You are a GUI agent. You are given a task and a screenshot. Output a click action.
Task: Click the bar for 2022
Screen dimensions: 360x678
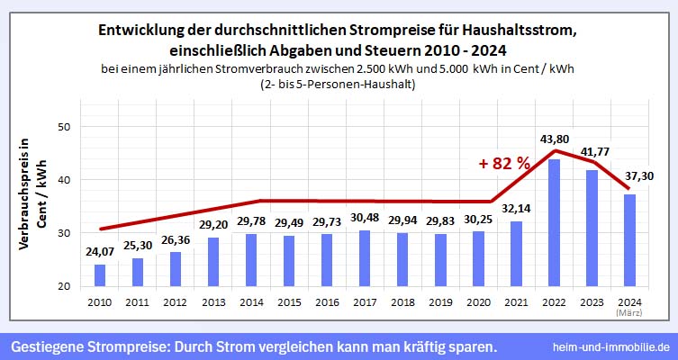(x=554, y=224)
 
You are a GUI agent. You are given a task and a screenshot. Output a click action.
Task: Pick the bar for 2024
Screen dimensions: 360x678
(x=629, y=240)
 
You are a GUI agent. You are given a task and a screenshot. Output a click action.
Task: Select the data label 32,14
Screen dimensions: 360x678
(x=515, y=209)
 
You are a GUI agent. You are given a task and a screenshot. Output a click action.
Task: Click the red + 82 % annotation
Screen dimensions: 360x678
(x=504, y=164)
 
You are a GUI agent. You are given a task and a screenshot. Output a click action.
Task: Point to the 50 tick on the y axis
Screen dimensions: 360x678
(x=63, y=128)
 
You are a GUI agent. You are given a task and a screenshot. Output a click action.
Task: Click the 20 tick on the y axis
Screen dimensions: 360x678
(x=63, y=287)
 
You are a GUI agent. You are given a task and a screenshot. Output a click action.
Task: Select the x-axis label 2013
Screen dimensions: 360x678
(x=212, y=301)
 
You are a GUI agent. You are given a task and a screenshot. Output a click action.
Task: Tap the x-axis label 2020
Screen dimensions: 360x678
(x=477, y=301)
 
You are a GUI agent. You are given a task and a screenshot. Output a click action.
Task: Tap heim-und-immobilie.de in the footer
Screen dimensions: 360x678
(x=612, y=346)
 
